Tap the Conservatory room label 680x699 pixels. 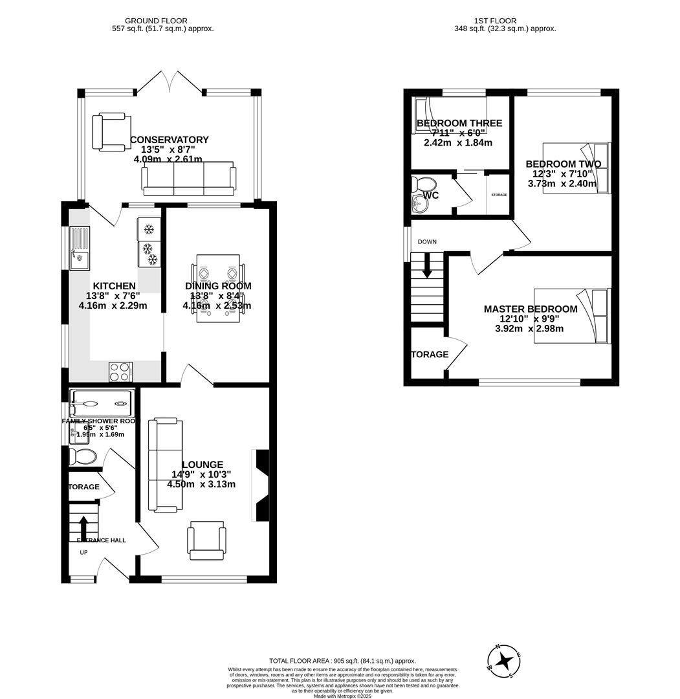(x=170, y=140)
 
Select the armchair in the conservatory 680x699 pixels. (x=112, y=132)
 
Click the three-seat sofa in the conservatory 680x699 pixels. (x=188, y=179)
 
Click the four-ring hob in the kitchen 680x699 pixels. (x=120, y=372)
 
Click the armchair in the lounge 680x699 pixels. (x=206, y=540)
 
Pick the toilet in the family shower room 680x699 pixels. (x=82, y=457)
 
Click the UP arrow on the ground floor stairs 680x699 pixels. (x=83, y=526)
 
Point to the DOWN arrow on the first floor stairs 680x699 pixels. (x=427, y=265)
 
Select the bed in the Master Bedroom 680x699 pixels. (x=572, y=316)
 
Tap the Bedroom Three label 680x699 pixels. (x=459, y=124)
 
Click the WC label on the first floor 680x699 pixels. (x=430, y=195)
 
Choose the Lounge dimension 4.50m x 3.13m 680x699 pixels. (x=201, y=484)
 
